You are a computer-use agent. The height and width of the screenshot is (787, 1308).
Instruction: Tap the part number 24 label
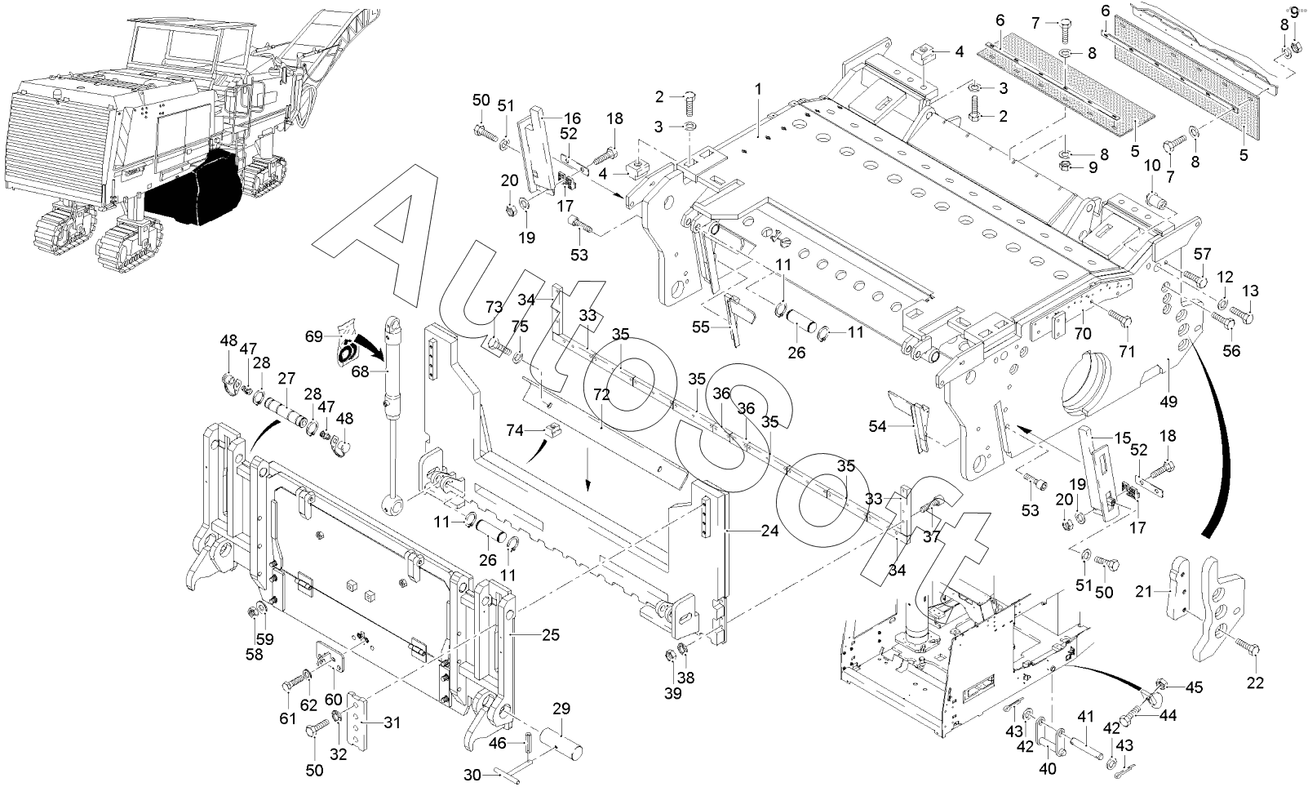click(x=769, y=531)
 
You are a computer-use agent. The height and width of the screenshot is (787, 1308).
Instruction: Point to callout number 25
click(x=551, y=634)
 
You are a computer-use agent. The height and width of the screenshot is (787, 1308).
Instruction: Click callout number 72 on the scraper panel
click(x=601, y=394)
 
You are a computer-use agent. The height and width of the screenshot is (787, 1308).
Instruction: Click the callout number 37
click(x=932, y=536)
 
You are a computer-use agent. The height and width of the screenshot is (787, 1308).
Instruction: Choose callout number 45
click(x=1194, y=687)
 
